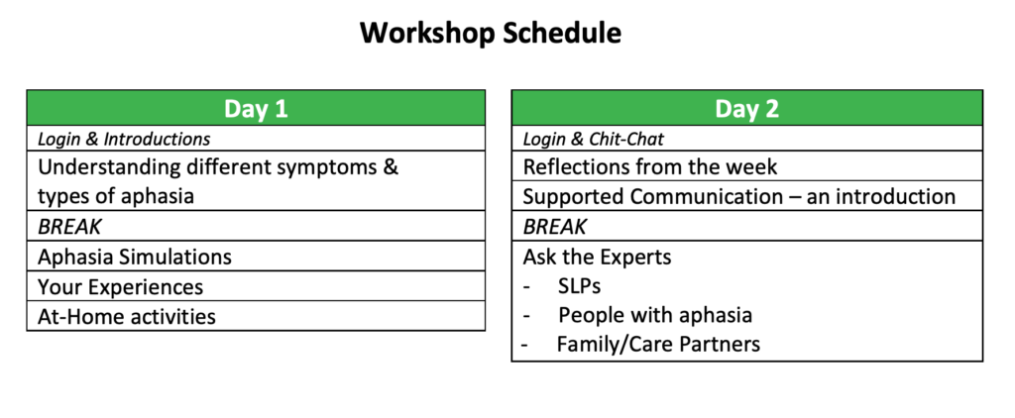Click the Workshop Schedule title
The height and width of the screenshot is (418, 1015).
pyautogui.click(x=491, y=34)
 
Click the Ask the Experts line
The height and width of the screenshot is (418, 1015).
pyautogui.click(x=597, y=257)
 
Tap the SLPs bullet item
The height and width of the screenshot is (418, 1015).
pyautogui.click(x=579, y=286)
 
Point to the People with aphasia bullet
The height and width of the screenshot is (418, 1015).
pyautogui.click(x=655, y=316)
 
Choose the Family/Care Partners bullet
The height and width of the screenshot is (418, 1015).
pyautogui.click(x=658, y=345)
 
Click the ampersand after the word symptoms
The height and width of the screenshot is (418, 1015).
pyautogui.click(x=391, y=167)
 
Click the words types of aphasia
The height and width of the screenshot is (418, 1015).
pyautogui.click(x=116, y=196)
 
